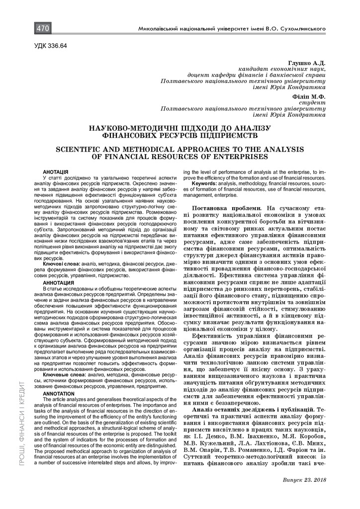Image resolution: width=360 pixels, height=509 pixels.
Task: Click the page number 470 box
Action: tap(42, 29)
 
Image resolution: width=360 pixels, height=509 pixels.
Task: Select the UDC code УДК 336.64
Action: tap(50, 46)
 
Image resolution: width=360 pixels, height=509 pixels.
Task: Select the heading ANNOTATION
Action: tap(58, 393)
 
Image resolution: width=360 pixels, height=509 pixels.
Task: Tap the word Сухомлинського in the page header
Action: tap(302, 30)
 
